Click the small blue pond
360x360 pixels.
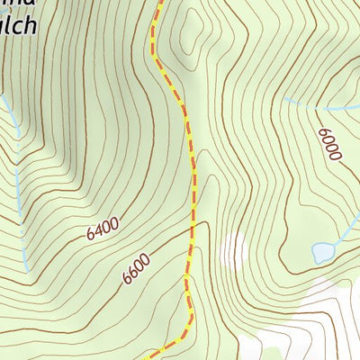[x=321, y=253]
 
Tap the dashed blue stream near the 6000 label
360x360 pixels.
[x=310, y=105]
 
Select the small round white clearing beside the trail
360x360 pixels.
[x=233, y=247]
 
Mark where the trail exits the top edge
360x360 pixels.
[x=163, y=2]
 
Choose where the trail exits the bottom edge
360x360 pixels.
[x=145, y=357]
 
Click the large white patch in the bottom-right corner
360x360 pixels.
[x=315, y=324]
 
